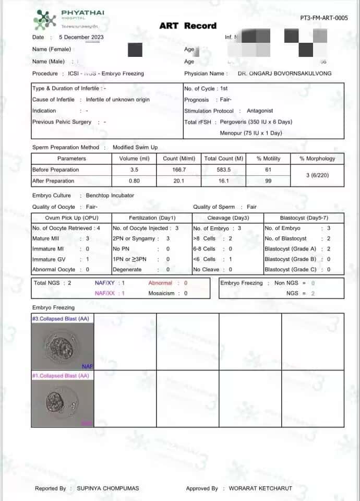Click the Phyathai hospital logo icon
pos(44,19)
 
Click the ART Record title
pos(188,26)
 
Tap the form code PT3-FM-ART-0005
pos(324,18)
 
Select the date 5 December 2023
pos(81,37)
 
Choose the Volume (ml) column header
pos(134,158)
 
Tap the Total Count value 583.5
pos(224,170)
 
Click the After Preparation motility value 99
pos(269,181)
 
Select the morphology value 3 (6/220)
pos(317,175)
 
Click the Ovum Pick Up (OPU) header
pos(71,218)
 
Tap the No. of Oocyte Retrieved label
pos(57,228)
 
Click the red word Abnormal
pos(160,283)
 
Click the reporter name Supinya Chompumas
pos(109,488)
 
